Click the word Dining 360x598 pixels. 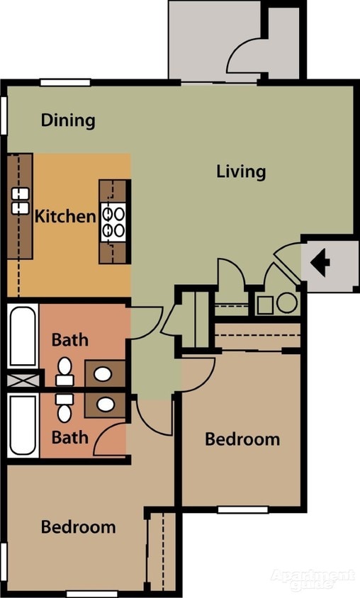click(67, 120)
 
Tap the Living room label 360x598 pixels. click(241, 171)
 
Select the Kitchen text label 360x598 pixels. click(65, 216)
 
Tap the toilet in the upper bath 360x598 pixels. click(64, 371)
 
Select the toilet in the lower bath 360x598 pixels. click(64, 407)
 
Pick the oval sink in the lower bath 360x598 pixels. click(106, 405)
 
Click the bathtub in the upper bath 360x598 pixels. click(23, 335)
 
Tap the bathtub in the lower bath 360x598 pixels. click(23, 424)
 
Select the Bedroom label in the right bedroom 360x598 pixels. click(242, 439)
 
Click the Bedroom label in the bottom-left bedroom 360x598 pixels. click(78, 527)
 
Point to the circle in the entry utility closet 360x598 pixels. click(287, 303)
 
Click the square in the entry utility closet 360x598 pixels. click(265, 305)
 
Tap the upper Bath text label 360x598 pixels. click(70, 340)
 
